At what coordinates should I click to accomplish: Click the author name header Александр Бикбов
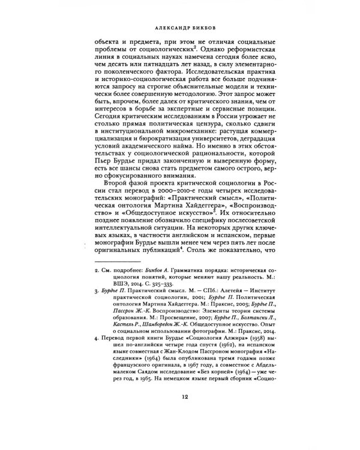tap(180, 28)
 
